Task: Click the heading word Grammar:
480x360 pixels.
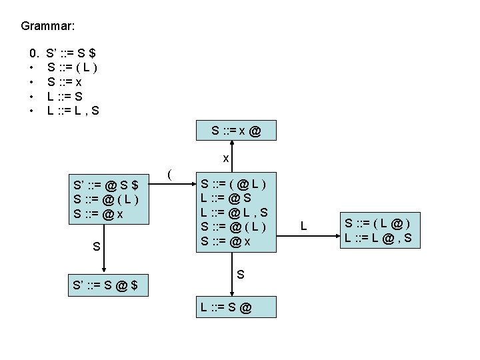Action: point(48,27)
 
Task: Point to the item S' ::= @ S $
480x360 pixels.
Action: point(106,183)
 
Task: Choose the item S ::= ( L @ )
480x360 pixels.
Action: point(377,222)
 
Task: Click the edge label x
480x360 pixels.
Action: point(226,159)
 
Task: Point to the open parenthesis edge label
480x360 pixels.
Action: point(170,175)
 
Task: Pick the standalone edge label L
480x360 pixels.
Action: point(303,227)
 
